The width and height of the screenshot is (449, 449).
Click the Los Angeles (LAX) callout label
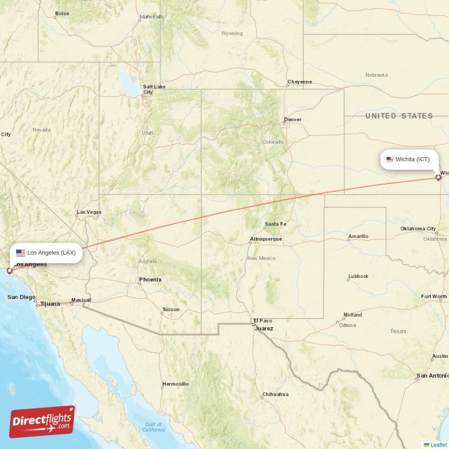coord(46,253)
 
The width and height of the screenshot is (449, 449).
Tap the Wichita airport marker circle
coord(438,178)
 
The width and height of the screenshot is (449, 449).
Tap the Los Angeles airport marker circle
coord(9,271)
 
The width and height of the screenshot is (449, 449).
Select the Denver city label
coord(292,120)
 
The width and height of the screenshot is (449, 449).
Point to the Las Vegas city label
coord(89,212)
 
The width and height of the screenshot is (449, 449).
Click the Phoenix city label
coord(150,280)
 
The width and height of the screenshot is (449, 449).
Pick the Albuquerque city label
coord(266,239)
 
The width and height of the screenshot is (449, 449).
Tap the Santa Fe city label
coord(276,224)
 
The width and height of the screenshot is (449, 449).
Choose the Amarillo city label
coord(358,236)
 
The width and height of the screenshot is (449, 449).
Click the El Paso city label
coord(262,320)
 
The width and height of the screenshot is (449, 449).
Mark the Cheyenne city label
coord(300,82)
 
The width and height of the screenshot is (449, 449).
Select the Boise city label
coord(62,13)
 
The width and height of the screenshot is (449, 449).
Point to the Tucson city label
coord(171,309)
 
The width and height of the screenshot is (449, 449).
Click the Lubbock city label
coord(358,276)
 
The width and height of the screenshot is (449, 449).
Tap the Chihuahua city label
coord(275,394)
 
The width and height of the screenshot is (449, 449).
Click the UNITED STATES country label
coord(399,116)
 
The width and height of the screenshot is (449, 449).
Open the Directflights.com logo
coord(42,421)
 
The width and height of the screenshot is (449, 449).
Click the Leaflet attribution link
coord(438,445)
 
